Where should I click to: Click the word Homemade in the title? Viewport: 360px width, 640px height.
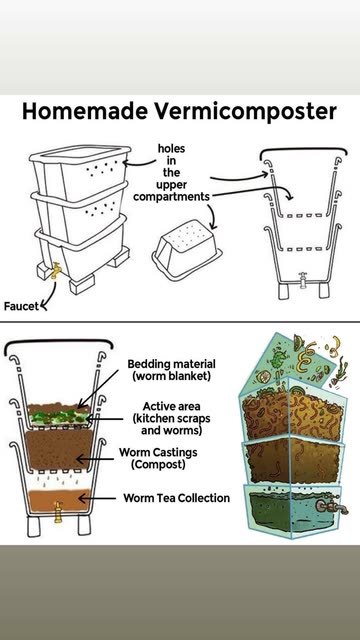point(85,111)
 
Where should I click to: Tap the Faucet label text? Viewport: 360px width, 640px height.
point(21,306)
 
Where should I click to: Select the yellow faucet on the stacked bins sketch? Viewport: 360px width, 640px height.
point(56,270)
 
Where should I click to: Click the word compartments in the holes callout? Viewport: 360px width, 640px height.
point(171,197)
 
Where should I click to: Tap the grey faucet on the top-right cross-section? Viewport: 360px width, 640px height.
point(302,280)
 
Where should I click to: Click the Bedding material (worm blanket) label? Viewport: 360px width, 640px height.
point(171,369)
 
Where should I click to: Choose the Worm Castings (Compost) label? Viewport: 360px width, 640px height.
point(158,458)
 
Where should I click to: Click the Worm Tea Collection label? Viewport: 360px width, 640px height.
point(176,498)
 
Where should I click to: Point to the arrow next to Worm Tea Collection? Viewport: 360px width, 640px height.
point(97,498)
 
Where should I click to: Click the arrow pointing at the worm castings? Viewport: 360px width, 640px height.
point(95,459)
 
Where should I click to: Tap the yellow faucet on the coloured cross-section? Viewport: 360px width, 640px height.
point(58,512)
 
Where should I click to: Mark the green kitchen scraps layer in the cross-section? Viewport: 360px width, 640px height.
point(58,418)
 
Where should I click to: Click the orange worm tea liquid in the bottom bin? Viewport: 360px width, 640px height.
point(59,500)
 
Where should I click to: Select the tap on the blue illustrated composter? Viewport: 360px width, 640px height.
point(331,506)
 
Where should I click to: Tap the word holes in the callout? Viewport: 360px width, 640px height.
point(171,149)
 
